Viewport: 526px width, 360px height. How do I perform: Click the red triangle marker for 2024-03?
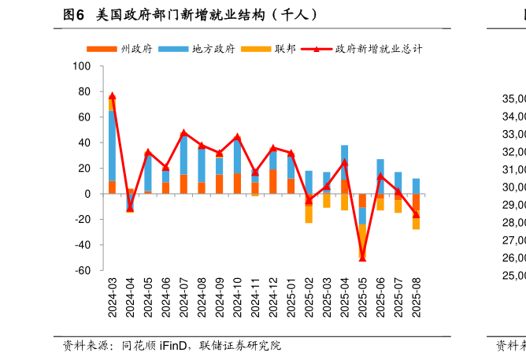(112, 96)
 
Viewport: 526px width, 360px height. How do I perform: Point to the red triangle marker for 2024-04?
(130, 208)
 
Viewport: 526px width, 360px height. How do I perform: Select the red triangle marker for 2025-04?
(344, 162)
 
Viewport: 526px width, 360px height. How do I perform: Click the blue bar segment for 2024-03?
(112, 146)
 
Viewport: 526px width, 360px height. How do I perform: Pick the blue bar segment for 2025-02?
(309, 182)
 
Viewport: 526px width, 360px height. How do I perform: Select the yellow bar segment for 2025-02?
(309, 213)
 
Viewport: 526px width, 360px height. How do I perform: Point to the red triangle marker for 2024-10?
(237, 137)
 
